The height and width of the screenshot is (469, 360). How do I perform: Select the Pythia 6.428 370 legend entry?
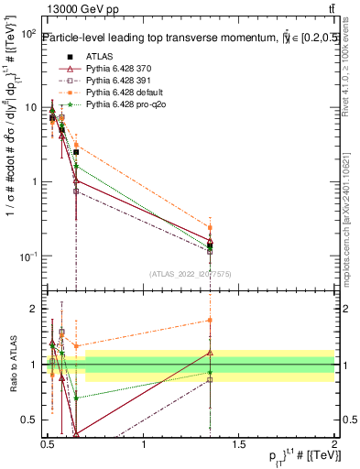coord(113,69)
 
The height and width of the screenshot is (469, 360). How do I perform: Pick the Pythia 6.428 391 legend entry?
coord(113,81)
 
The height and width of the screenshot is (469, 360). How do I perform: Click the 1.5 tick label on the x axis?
coord(239,446)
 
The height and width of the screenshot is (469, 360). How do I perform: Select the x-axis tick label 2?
coord(334,446)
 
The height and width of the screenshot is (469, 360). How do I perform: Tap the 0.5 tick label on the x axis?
coord(48,446)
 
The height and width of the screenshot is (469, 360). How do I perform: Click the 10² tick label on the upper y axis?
coord(28,34)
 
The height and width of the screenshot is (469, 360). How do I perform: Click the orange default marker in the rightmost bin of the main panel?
coord(210,227)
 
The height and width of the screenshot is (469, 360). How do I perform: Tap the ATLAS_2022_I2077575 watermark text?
coord(191,273)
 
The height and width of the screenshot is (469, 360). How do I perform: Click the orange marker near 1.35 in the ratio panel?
coord(210,321)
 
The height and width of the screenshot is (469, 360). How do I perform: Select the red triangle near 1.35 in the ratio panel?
coord(210,352)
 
